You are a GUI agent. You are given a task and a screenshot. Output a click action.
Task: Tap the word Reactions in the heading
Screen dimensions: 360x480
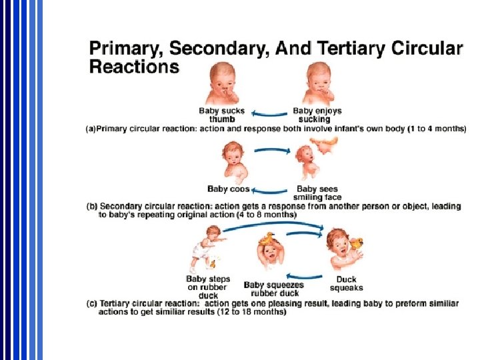[134, 67]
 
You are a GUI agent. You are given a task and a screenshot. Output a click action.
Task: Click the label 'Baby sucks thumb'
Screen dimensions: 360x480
[221, 115]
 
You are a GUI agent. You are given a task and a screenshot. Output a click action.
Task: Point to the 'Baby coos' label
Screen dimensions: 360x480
[229, 189]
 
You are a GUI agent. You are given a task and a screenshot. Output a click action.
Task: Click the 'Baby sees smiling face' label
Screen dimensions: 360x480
[318, 193]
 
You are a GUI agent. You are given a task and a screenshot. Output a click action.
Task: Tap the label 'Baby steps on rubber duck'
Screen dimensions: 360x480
[208, 287]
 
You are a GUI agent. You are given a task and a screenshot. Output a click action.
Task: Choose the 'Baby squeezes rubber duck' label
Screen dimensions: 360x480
[275, 289]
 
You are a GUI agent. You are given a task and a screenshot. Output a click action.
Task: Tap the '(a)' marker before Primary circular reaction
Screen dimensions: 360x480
[90, 128]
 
